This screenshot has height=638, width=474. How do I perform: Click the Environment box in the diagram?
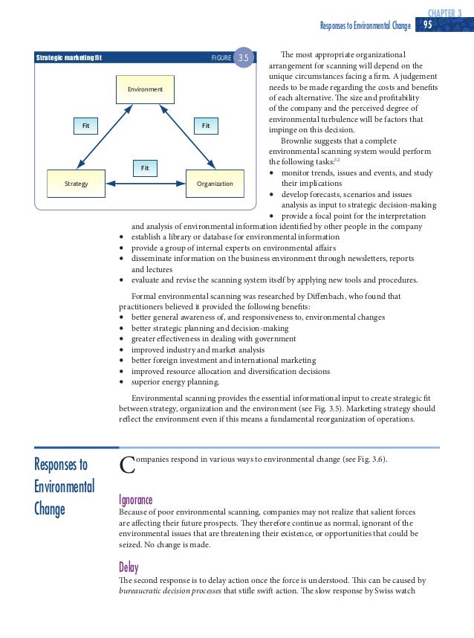[145, 89]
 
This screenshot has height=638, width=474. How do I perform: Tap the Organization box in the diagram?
[214, 184]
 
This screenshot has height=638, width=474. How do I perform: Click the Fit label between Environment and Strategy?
[85, 126]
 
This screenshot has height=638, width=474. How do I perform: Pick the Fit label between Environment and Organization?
[206, 126]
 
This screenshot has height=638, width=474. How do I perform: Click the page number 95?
[427, 25]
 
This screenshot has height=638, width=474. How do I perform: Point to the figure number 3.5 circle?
[243, 57]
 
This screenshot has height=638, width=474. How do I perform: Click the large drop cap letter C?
[127, 466]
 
